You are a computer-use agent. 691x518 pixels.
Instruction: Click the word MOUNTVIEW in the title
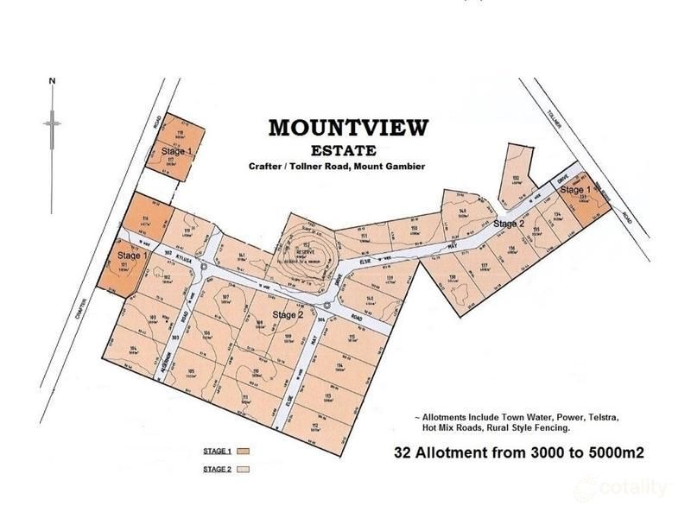click(347, 128)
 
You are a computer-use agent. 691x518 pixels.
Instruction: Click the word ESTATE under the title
click(348, 148)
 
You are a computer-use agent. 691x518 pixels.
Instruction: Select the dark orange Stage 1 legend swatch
click(244, 452)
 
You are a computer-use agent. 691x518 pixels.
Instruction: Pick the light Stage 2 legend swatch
click(244, 470)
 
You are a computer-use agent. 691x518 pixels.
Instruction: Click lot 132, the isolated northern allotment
click(515, 180)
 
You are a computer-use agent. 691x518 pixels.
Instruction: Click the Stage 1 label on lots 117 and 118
click(176, 150)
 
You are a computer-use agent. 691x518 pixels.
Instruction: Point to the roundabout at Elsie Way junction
click(328, 306)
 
